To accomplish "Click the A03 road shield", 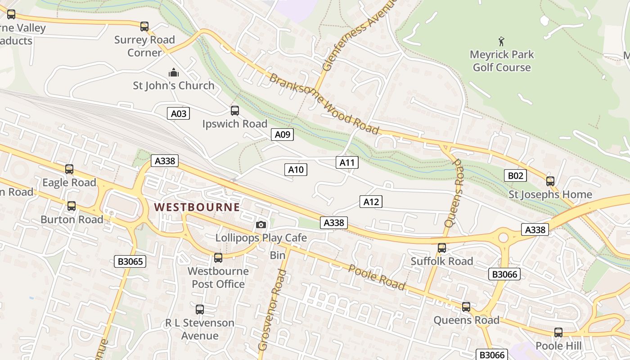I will tap(179, 113).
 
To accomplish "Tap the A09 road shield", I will tap(283, 134).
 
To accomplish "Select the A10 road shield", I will tap(296, 170).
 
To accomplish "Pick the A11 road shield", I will tap(347, 162).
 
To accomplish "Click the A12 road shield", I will tap(371, 202).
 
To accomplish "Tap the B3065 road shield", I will tap(130, 261).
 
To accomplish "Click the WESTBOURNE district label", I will tap(197, 207).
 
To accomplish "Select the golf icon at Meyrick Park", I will tap(501, 42).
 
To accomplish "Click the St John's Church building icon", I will tap(173, 72).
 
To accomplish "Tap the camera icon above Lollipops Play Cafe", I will tap(261, 225).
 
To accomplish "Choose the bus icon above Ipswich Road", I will tap(234, 111).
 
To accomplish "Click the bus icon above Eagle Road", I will tap(69, 169).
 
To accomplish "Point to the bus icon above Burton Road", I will tap(71, 206).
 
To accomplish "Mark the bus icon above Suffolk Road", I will tap(442, 248).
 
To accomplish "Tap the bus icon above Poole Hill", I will tap(558, 333).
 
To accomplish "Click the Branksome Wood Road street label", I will tap(324, 103).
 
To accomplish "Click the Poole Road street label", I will tap(377, 278).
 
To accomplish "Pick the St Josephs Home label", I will tap(550, 194).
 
